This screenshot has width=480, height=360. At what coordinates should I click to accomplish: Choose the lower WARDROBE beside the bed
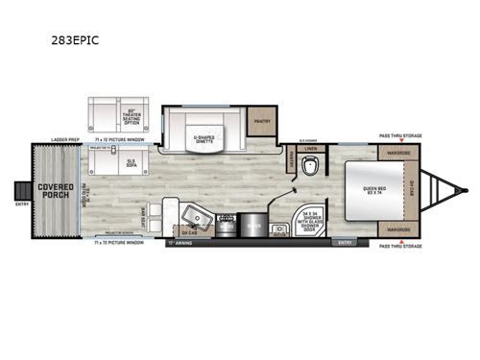point(397,230)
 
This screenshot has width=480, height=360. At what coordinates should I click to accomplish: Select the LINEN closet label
point(310,148)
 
